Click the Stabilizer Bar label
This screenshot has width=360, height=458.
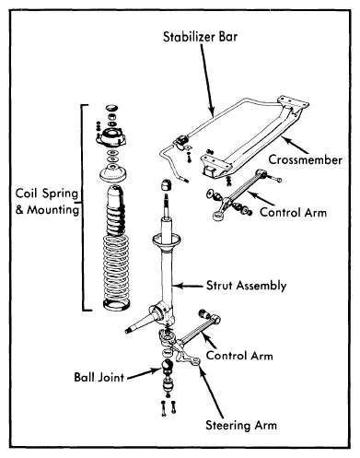point(200,37)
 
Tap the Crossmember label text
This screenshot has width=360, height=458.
point(306,159)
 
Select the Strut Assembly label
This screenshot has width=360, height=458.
point(246,286)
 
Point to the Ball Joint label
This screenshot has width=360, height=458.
point(99,377)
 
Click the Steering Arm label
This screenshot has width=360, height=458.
point(241,426)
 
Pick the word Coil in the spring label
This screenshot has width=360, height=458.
point(27,194)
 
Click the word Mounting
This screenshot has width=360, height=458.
point(52,210)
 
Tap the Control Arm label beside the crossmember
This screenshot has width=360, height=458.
point(293,212)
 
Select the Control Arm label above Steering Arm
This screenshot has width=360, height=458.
point(239,356)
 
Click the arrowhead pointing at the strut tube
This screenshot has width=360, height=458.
point(177,286)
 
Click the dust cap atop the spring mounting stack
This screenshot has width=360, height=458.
point(111,108)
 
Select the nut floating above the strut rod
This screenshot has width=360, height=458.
point(166,186)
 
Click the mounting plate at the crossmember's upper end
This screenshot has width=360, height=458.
point(293,102)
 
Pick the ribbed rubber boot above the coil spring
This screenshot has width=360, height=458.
point(115,209)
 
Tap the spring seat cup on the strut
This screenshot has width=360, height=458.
point(166,241)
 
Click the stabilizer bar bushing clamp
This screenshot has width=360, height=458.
point(181,143)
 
